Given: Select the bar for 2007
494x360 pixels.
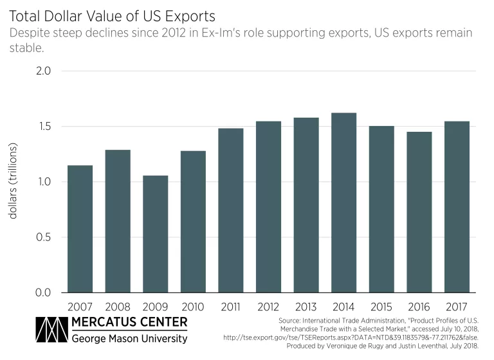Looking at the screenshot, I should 80,229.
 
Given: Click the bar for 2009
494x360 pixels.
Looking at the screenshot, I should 155,234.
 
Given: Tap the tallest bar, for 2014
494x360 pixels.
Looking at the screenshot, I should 343,203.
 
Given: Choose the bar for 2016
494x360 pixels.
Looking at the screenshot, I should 419,212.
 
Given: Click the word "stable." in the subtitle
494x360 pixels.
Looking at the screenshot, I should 25,48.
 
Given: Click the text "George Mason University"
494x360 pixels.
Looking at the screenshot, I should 129,339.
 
